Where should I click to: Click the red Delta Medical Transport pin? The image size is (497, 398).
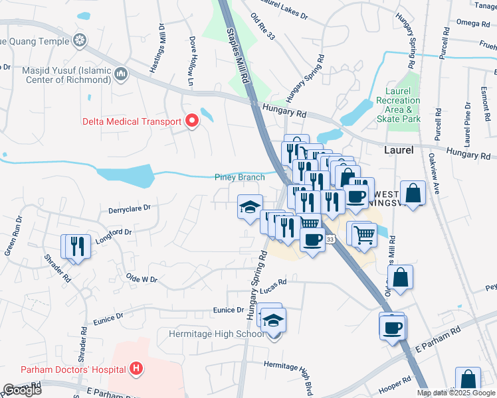193,121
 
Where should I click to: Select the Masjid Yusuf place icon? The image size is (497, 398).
120,73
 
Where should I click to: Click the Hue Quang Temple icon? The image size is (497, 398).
80,41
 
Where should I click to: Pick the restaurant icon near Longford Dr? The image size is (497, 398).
75,247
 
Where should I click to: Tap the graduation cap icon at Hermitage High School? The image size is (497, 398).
272,321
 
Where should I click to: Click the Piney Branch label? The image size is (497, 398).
239,177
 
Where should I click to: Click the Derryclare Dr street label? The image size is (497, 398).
130,208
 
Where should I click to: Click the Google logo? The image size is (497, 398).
22,390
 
